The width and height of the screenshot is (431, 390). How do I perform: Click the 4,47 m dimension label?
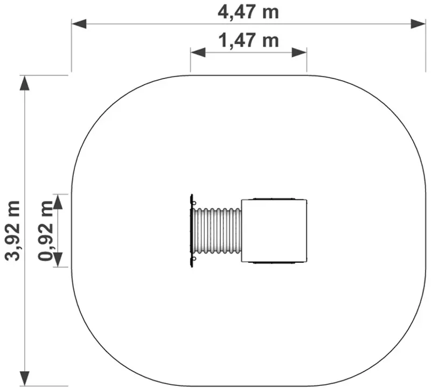tap(248, 12)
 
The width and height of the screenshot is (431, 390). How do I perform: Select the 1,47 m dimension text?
tap(248, 41)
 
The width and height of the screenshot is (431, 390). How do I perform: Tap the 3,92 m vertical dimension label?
tap(12, 231)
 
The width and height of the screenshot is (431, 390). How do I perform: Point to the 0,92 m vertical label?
tap(46, 231)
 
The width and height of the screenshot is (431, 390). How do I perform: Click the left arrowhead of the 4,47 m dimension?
tap(79, 24)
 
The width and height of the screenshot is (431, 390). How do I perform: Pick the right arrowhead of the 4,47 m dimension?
tap(418, 24)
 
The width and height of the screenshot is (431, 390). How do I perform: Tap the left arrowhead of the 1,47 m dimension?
tap(198, 52)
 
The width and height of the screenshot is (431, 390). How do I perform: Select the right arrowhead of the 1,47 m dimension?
tap(300, 52)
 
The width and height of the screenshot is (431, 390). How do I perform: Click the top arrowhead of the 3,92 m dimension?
tap(25, 83)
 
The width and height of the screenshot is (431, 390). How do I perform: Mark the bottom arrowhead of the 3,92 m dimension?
tap(25, 379)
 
